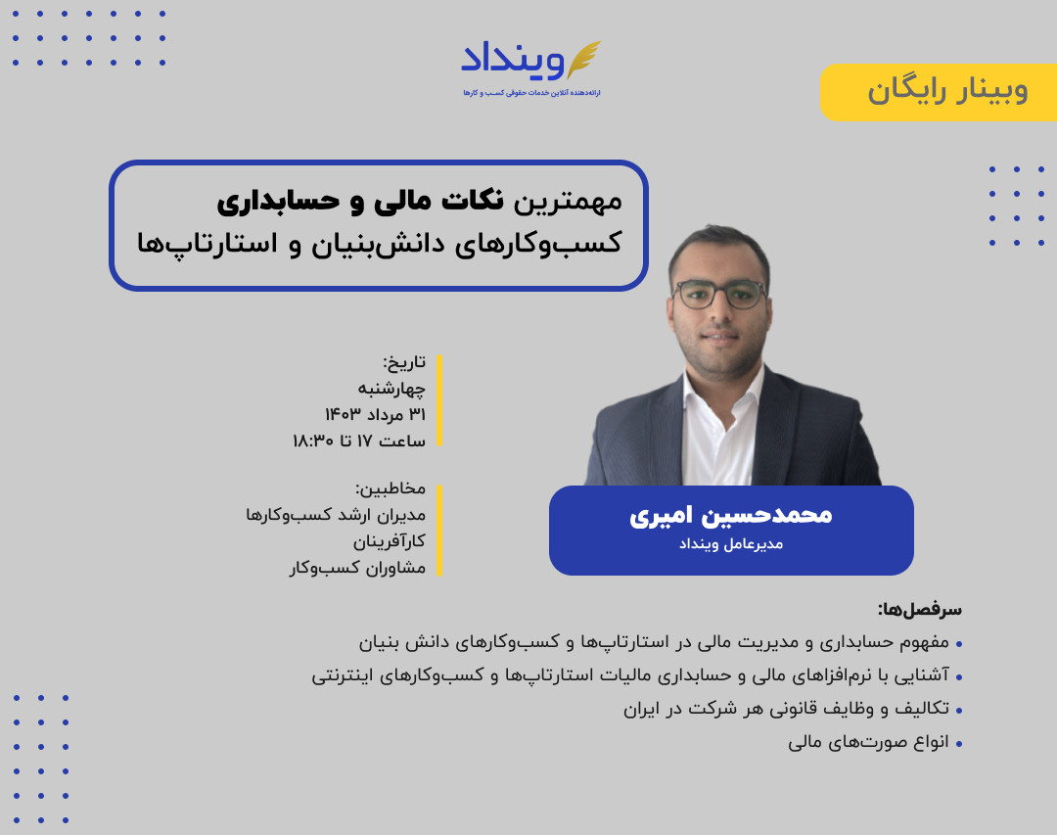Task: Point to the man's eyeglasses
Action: (719, 294)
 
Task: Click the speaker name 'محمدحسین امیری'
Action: (730, 515)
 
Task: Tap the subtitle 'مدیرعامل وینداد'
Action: (731, 544)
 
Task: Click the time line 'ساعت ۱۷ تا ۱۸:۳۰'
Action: (358, 441)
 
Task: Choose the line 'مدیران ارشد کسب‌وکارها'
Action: (336, 515)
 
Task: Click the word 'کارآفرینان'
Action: (390, 541)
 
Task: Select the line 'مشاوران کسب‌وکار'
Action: (357, 568)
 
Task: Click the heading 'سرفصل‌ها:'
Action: (919, 609)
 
